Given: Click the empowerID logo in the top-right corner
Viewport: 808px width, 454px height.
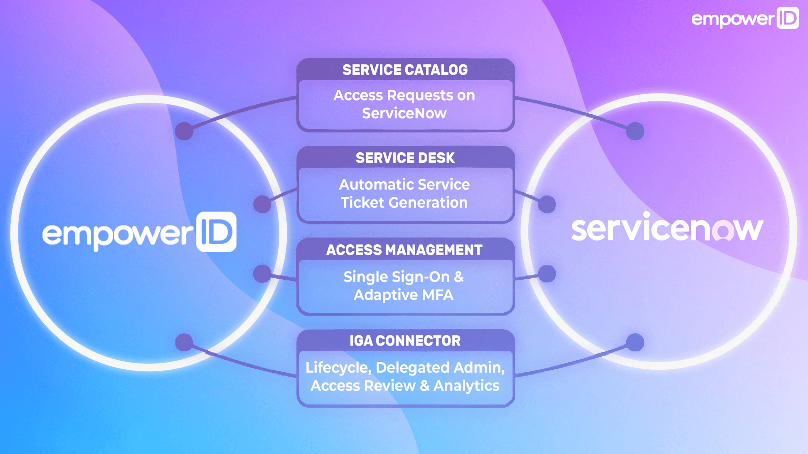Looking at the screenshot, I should click(745, 18).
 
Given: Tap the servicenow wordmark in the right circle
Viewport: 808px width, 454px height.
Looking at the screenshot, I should click(667, 228).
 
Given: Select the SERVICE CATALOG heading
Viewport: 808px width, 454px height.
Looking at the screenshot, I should click(405, 70).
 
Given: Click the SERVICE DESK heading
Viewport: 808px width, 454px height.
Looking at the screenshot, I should click(405, 158).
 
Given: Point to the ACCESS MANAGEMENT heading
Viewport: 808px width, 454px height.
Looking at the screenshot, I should click(404, 250).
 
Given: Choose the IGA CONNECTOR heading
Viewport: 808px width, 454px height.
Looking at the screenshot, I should click(405, 341).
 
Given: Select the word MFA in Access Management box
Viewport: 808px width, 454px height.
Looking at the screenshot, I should click(437, 295).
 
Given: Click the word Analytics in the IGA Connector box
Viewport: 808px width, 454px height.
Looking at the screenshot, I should click(466, 386).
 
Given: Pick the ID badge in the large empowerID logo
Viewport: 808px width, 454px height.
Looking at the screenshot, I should click(216, 231).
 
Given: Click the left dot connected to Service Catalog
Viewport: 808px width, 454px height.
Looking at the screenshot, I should click(184, 131).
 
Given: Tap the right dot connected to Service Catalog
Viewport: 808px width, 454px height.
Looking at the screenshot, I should click(635, 131).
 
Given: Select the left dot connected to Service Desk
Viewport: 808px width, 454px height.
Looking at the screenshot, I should click(262, 204).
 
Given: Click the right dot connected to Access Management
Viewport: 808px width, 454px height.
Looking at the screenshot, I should click(547, 274).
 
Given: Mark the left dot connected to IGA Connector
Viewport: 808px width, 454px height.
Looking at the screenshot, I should click(184, 342).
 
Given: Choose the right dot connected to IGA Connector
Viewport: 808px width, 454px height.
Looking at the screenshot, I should click(635, 342).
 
